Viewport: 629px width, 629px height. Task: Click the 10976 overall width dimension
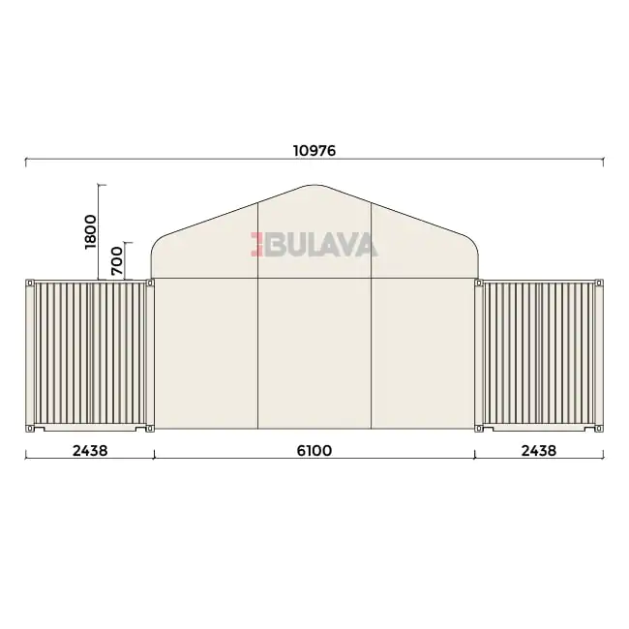[314, 151]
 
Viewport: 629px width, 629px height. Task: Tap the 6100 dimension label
[314, 451]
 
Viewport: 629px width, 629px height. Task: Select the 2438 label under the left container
[90, 451]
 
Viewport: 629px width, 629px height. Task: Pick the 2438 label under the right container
[539, 451]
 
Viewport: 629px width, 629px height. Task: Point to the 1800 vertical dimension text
[91, 232]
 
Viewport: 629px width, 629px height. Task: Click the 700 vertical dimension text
[117, 260]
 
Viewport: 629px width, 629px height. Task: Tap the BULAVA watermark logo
[314, 244]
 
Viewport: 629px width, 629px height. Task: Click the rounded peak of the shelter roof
[314, 186]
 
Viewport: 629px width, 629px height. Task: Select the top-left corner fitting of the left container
[30, 283]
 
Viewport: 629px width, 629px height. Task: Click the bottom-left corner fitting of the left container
[30, 429]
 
